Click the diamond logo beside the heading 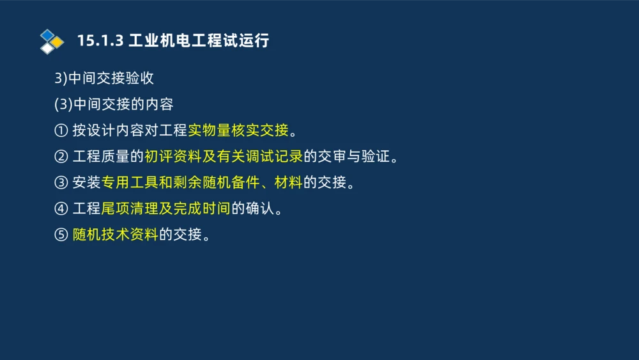click(52, 42)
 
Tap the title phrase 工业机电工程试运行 click(199, 41)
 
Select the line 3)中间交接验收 click(104, 79)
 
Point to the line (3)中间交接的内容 click(114, 105)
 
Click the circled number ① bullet click(61, 131)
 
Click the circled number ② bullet click(61, 157)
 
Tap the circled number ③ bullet click(61, 183)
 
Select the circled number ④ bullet click(61, 209)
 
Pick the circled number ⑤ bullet click(61, 235)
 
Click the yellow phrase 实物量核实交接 click(238, 131)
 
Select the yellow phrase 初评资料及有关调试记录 click(223, 157)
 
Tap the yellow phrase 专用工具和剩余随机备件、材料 click(201, 183)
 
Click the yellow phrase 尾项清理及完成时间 click(166, 209)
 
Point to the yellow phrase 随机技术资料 click(115, 235)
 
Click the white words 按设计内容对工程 click(130, 131)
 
